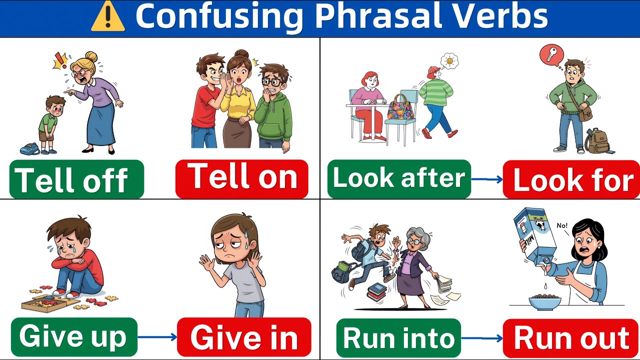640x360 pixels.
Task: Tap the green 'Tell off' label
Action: pyautogui.click(x=76, y=179)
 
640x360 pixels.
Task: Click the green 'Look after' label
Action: pyautogui.click(x=399, y=179)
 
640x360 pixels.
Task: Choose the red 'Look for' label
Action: pyautogui.click(x=571, y=179)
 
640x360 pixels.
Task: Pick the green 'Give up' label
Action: pyautogui.click(x=73, y=336)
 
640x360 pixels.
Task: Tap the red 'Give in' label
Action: pyautogui.click(x=244, y=337)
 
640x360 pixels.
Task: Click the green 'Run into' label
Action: pyautogui.click(x=398, y=338)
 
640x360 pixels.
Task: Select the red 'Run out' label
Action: pyautogui.click(x=571, y=338)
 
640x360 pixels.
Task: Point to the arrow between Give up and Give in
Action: pyautogui.click(x=157, y=337)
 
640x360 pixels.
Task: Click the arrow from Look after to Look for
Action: pyautogui.click(x=486, y=179)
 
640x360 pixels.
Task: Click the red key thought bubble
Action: pyautogui.click(x=551, y=54)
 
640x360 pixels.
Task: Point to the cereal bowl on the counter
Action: pyautogui.click(x=544, y=301)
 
